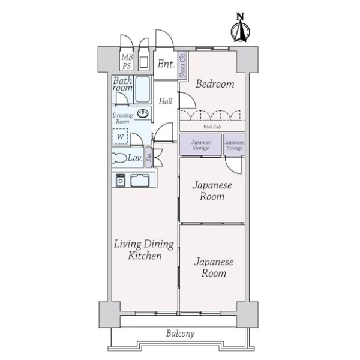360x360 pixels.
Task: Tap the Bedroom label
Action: pyautogui.click(x=214, y=84)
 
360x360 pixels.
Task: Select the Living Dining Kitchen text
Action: pyautogui.click(x=144, y=250)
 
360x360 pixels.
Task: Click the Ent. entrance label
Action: pyautogui.click(x=166, y=64)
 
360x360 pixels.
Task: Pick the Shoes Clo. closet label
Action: pyautogui.click(x=181, y=65)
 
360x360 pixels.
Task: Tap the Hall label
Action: pyautogui.click(x=166, y=101)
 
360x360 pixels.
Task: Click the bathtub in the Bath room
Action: pyautogui.click(x=142, y=89)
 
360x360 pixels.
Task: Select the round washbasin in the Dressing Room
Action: pyautogui.click(x=143, y=113)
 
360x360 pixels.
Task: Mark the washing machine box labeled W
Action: pyautogui.click(x=121, y=136)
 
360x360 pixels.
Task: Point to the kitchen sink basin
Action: pyautogui.click(x=141, y=179)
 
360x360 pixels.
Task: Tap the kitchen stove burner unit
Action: pyautogui.click(x=120, y=179)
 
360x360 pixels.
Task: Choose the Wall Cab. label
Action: pyautogui.click(x=211, y=127)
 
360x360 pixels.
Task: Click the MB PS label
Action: pyautogui.click(x=127, y=61)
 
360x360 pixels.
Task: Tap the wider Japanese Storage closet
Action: pyautogui.click(x=200, y=145)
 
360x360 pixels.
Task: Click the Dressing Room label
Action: pyautogui.click(x=122, y=118)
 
